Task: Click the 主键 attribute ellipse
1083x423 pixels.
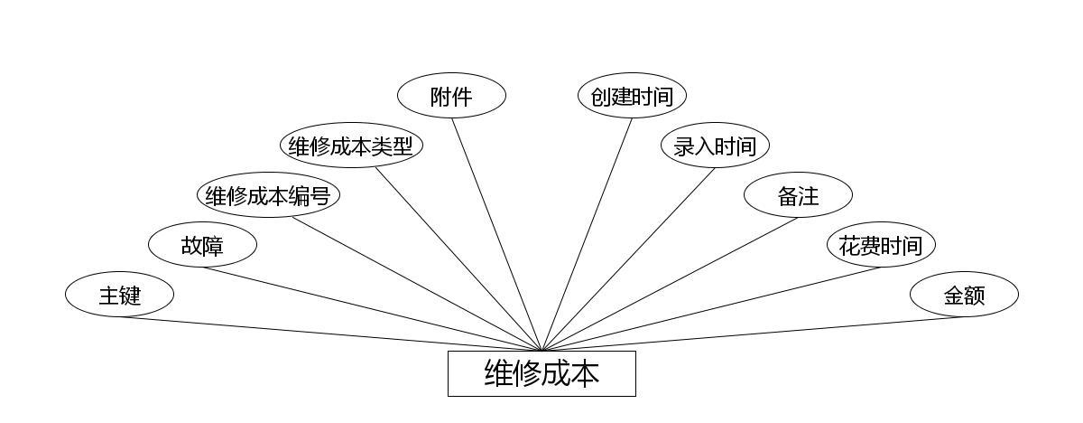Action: pos(119,295)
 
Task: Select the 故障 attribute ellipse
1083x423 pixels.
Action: pos(202,245)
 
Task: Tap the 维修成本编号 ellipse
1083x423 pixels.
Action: pos(268,195)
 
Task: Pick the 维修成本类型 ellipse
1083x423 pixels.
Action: pos(351,146)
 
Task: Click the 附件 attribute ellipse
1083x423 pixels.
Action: pos(451,96)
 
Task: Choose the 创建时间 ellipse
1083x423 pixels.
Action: pos(632,96)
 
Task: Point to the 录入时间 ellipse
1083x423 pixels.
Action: pos(715,146)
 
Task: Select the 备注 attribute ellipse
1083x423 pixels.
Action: pos(798,195)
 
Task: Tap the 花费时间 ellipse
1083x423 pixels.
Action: pos(881,245)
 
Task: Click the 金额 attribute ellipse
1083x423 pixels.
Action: pos(964,295)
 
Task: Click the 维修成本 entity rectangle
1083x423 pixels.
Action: pos(541,373)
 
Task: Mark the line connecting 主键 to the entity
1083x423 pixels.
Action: pos(330,334)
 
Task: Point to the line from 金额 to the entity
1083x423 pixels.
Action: pos(753,334)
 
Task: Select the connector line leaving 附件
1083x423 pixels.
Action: pos(496,234)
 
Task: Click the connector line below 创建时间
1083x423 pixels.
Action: pos(587,234)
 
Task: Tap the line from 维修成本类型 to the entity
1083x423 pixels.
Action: pos(458,259)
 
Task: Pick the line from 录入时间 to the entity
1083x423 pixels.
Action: pos(628,259)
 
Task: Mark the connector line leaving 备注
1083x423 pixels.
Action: pos(670,284)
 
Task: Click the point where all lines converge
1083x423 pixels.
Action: pos(541,351)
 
